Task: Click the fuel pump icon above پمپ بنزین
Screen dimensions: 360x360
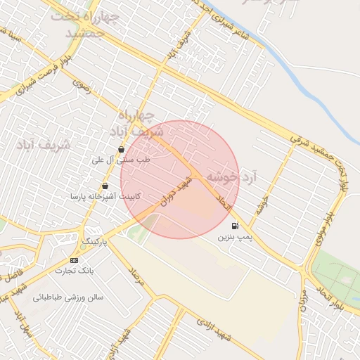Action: (234, 226)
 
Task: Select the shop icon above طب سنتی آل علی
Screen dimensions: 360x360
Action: (122, 149)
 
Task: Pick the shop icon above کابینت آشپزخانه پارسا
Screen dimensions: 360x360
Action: (105, 186)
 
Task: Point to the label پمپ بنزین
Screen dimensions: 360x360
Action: (234, 238)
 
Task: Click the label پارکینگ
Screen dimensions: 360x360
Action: (96, 242)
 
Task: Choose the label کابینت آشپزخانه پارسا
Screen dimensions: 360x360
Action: (105, 197)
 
